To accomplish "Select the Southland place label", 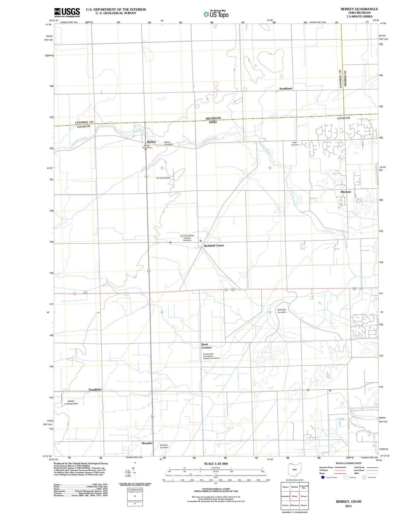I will click(x=285, y=89).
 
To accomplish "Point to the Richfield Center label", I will click(x=214, y=245).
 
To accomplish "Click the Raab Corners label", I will click(x=206, y=346).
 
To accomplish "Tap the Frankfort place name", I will click(x=95, y=390).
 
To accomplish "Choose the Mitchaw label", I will click(x=346, y=192).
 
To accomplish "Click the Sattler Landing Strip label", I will click(x=71, y=402).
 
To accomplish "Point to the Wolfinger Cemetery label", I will click(x=281, y=311).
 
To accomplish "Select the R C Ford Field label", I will click(x=163, y=178).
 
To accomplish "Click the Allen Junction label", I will click(x=295, y=144).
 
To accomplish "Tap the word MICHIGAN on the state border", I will click(x=213, y=118).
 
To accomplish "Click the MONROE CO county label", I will click(x=345, y=78).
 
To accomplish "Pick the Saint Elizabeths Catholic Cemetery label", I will click(x=187, y=238).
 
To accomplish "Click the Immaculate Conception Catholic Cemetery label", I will click(x=211, y=356).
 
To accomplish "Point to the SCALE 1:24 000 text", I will click(x=216, y=464).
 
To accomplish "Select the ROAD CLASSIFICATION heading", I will click(x=348, y=463).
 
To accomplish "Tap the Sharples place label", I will click(x=147, y=443).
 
